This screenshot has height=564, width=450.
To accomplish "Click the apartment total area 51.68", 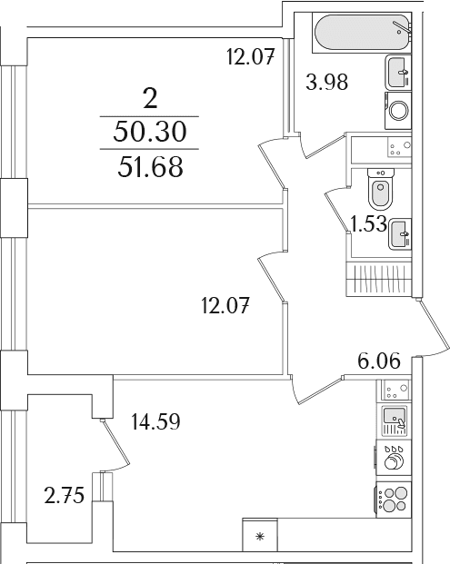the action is (x=150, y=167).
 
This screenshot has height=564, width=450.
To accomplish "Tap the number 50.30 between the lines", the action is (x=150, y=132).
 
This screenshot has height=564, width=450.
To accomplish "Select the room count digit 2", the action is (x=151, y=98).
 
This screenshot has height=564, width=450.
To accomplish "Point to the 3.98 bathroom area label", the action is (x=327, y=82).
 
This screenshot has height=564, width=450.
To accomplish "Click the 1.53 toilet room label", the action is (x=369, y=223).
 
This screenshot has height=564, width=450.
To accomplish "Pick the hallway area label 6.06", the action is (x=379, y=361).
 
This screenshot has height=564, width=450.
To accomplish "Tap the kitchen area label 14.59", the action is (x=155, y=421).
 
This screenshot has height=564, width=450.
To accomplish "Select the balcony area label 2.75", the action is (x=64, y=495).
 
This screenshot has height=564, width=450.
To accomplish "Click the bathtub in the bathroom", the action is (x=362, y=33).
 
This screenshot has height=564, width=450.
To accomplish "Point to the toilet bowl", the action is (x=381, y=189).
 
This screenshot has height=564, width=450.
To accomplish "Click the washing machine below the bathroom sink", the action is (x=398, y=111).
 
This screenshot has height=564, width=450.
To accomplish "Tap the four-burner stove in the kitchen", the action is (x=394, y=500).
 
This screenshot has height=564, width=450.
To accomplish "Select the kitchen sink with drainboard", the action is (x=395, y=421).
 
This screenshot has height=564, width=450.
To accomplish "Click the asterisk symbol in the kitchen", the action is (x=259, y=538).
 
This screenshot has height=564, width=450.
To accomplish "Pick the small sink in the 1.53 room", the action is (x=400, y=233).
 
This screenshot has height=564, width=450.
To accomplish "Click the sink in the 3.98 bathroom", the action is (x=399, y=72).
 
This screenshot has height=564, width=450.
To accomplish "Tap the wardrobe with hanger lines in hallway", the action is (x=379, y=279).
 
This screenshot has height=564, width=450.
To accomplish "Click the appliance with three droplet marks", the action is (x=394, y=458).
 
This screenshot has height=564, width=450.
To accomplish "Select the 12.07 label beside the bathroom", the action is (x=251, y=57).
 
